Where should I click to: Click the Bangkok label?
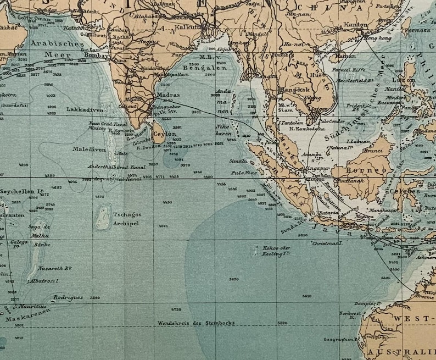point(296,89)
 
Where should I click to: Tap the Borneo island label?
point(359,170)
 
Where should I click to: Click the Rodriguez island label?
point(68,297)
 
